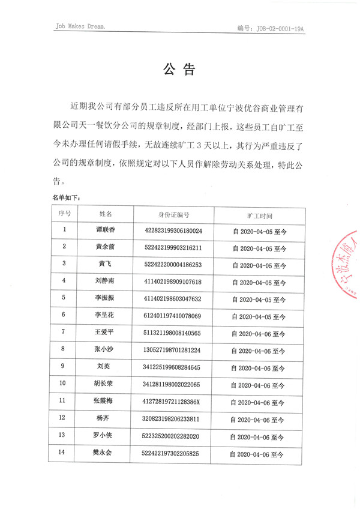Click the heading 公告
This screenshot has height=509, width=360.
click(179, 70)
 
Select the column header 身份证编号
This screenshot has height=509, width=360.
click(173, 214)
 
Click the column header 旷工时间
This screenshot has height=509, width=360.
click(260, 214)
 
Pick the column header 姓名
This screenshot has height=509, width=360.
click(106, 214)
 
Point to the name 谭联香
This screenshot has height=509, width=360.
click(106, 230)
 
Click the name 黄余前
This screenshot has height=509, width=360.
click(106, 247)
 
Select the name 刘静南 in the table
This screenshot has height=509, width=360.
click(106, 282)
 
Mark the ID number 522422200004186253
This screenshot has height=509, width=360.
click(173, 265)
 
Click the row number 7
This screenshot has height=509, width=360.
click(64, 333)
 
